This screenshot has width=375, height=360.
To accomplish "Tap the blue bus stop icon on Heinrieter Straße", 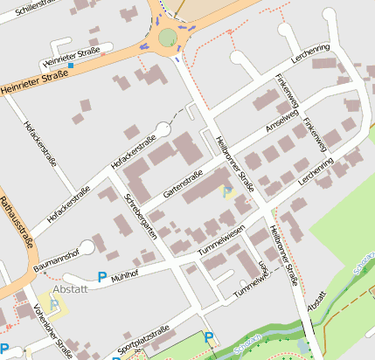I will click(71, 66).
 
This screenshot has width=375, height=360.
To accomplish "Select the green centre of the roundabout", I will click(167, 37).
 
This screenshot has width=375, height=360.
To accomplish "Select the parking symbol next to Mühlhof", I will click(102, 278).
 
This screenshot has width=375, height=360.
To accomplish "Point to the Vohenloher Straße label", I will click(52, 329).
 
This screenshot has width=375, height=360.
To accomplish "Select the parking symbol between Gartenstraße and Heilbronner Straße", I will click(228, 190).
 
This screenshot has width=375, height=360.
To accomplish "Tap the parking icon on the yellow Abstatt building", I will click(55, 305).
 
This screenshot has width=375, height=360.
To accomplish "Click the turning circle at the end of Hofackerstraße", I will click(163, 129).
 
